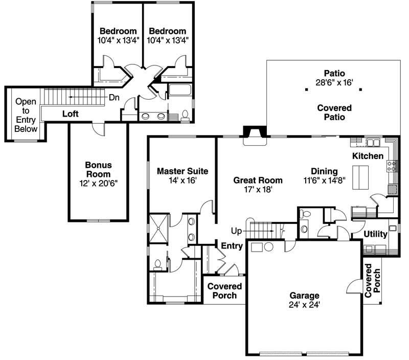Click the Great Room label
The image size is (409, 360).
click(x=258, y=180)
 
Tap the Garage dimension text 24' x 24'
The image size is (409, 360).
click(x=304, y=305)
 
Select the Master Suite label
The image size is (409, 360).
click(x=183, y=171)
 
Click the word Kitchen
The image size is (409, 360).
click(x=368, y=155)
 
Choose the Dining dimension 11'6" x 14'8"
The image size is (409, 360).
click(x=324, y=180)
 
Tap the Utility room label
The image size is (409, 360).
click(x=375, y=234)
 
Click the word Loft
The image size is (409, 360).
click(x=71, y=114)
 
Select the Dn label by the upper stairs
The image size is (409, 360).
click(x=114, y=97)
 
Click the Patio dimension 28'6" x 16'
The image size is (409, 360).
click(x=334, y=82)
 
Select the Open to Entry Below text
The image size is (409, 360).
click(x=26, y=115)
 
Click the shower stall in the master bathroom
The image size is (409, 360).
click(x=157, y=229)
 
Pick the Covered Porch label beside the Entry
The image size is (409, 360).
click(x=222, y=291)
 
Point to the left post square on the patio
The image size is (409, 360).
click(x=306, y=89)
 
